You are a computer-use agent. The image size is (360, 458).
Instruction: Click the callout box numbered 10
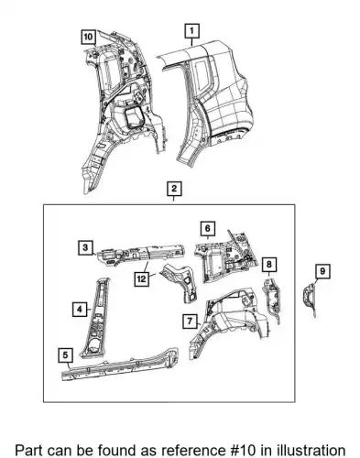point(88,37)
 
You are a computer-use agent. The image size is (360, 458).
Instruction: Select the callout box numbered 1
point(192,31)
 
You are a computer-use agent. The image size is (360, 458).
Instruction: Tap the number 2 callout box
point(174,189)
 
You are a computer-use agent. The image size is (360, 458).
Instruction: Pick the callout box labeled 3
point(85,248)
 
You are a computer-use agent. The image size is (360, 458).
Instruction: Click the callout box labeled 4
point(80,310)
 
